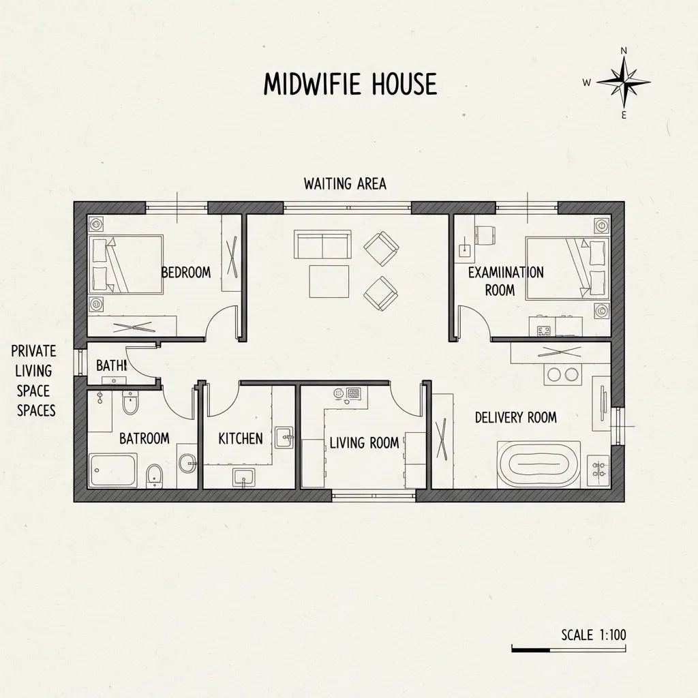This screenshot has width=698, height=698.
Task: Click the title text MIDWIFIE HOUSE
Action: pyautogui.click(x=350, y=84)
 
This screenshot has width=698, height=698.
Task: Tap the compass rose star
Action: pyautogui.click(x=623, y=82)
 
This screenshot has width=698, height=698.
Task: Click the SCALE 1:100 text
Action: pyautogui.click(x=594, y=635)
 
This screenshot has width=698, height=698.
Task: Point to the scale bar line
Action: pyautogui.click(x=568, y=650)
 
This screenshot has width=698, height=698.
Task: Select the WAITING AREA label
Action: pyautogui.click(x=345, y=184)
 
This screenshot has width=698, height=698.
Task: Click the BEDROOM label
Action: pyautogui.click(x=186, y=272)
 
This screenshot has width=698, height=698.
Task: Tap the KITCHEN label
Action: pyautogui.click(x=241, y=438)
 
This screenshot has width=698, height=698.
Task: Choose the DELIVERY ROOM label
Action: pyautogui.click(x=516, y=418)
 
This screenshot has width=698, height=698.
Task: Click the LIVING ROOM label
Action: pyautogui.click(x=364, y=442)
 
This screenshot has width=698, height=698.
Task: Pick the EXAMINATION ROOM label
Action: pyautogui.click(x=506, y=281)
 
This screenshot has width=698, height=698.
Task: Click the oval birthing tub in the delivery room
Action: pyautogui.click(x=539, y=465)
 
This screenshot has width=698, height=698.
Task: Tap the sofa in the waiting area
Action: pyautogui.click(x=322, y=245)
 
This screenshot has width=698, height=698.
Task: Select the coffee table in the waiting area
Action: pyautogui.click(x=329, y=282)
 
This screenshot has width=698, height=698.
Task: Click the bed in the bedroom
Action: pyautogui.click(x=126, y=264)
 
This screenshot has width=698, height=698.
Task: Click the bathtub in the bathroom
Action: pyautogui.click(x=112, y=470)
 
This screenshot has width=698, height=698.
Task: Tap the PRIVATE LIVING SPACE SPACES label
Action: pyautogui.click(x=34, y=380)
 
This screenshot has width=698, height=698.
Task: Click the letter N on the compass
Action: pyautogui.click(x=624, y=50)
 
